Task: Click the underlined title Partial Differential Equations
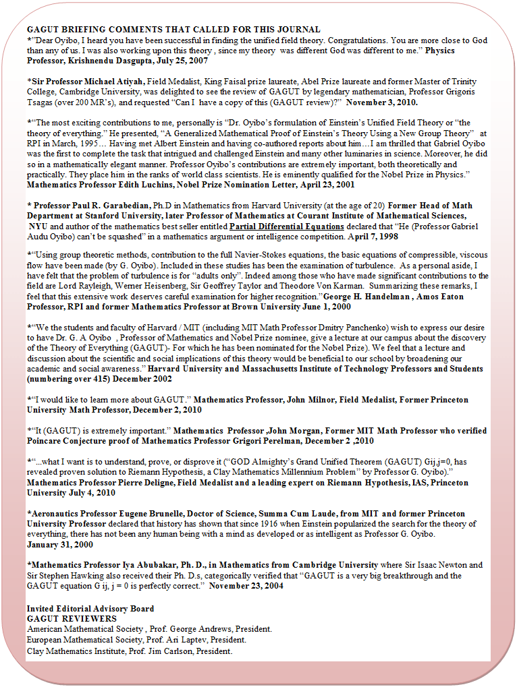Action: tap(286, 227)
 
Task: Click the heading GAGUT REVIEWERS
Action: tap(72, 618)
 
